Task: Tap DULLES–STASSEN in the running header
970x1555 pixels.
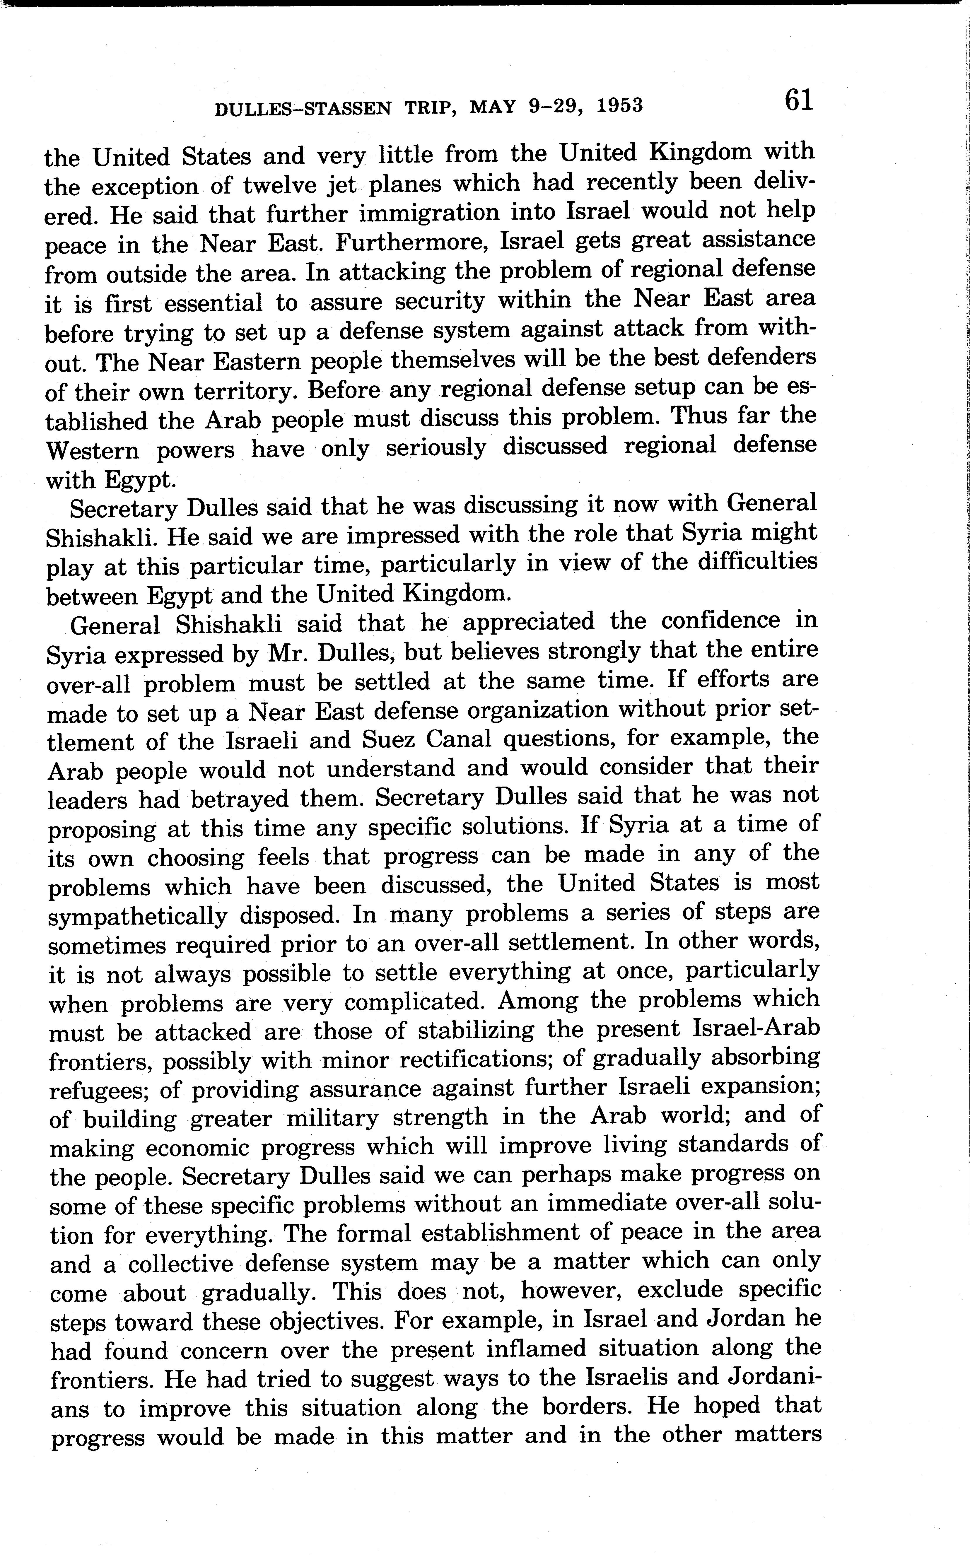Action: point(302,108)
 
